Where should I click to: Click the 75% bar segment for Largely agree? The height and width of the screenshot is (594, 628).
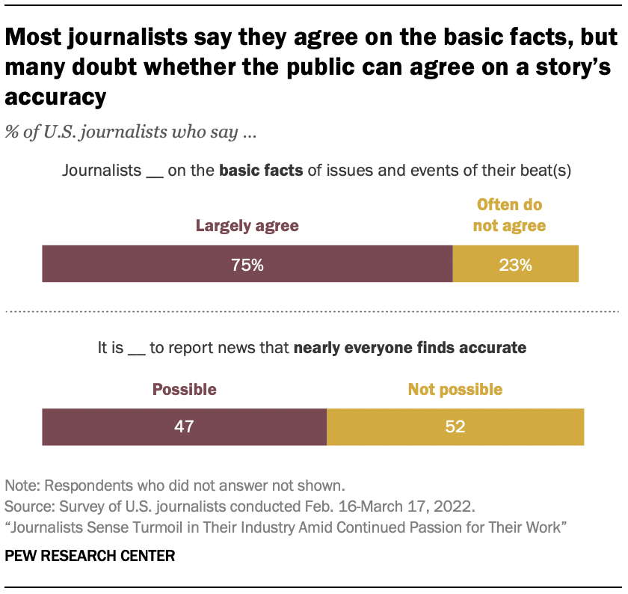point(247,263)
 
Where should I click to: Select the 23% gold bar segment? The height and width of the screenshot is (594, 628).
point(516,263)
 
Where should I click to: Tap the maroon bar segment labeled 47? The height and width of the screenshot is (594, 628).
point(184,426)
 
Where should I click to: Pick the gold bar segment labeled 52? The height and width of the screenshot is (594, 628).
point(455,426)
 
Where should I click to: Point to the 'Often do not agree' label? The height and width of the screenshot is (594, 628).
point(509,215)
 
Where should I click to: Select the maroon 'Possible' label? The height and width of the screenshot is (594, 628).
point(184,389)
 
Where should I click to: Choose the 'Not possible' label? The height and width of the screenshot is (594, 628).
point(455,389)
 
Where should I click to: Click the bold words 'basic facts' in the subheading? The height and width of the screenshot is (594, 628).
point(260,170)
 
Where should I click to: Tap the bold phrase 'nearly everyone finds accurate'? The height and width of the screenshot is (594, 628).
point(410,347)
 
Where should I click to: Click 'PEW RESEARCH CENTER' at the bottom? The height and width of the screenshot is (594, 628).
point(90,556)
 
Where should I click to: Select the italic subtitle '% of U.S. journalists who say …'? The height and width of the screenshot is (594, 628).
point(132,133)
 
